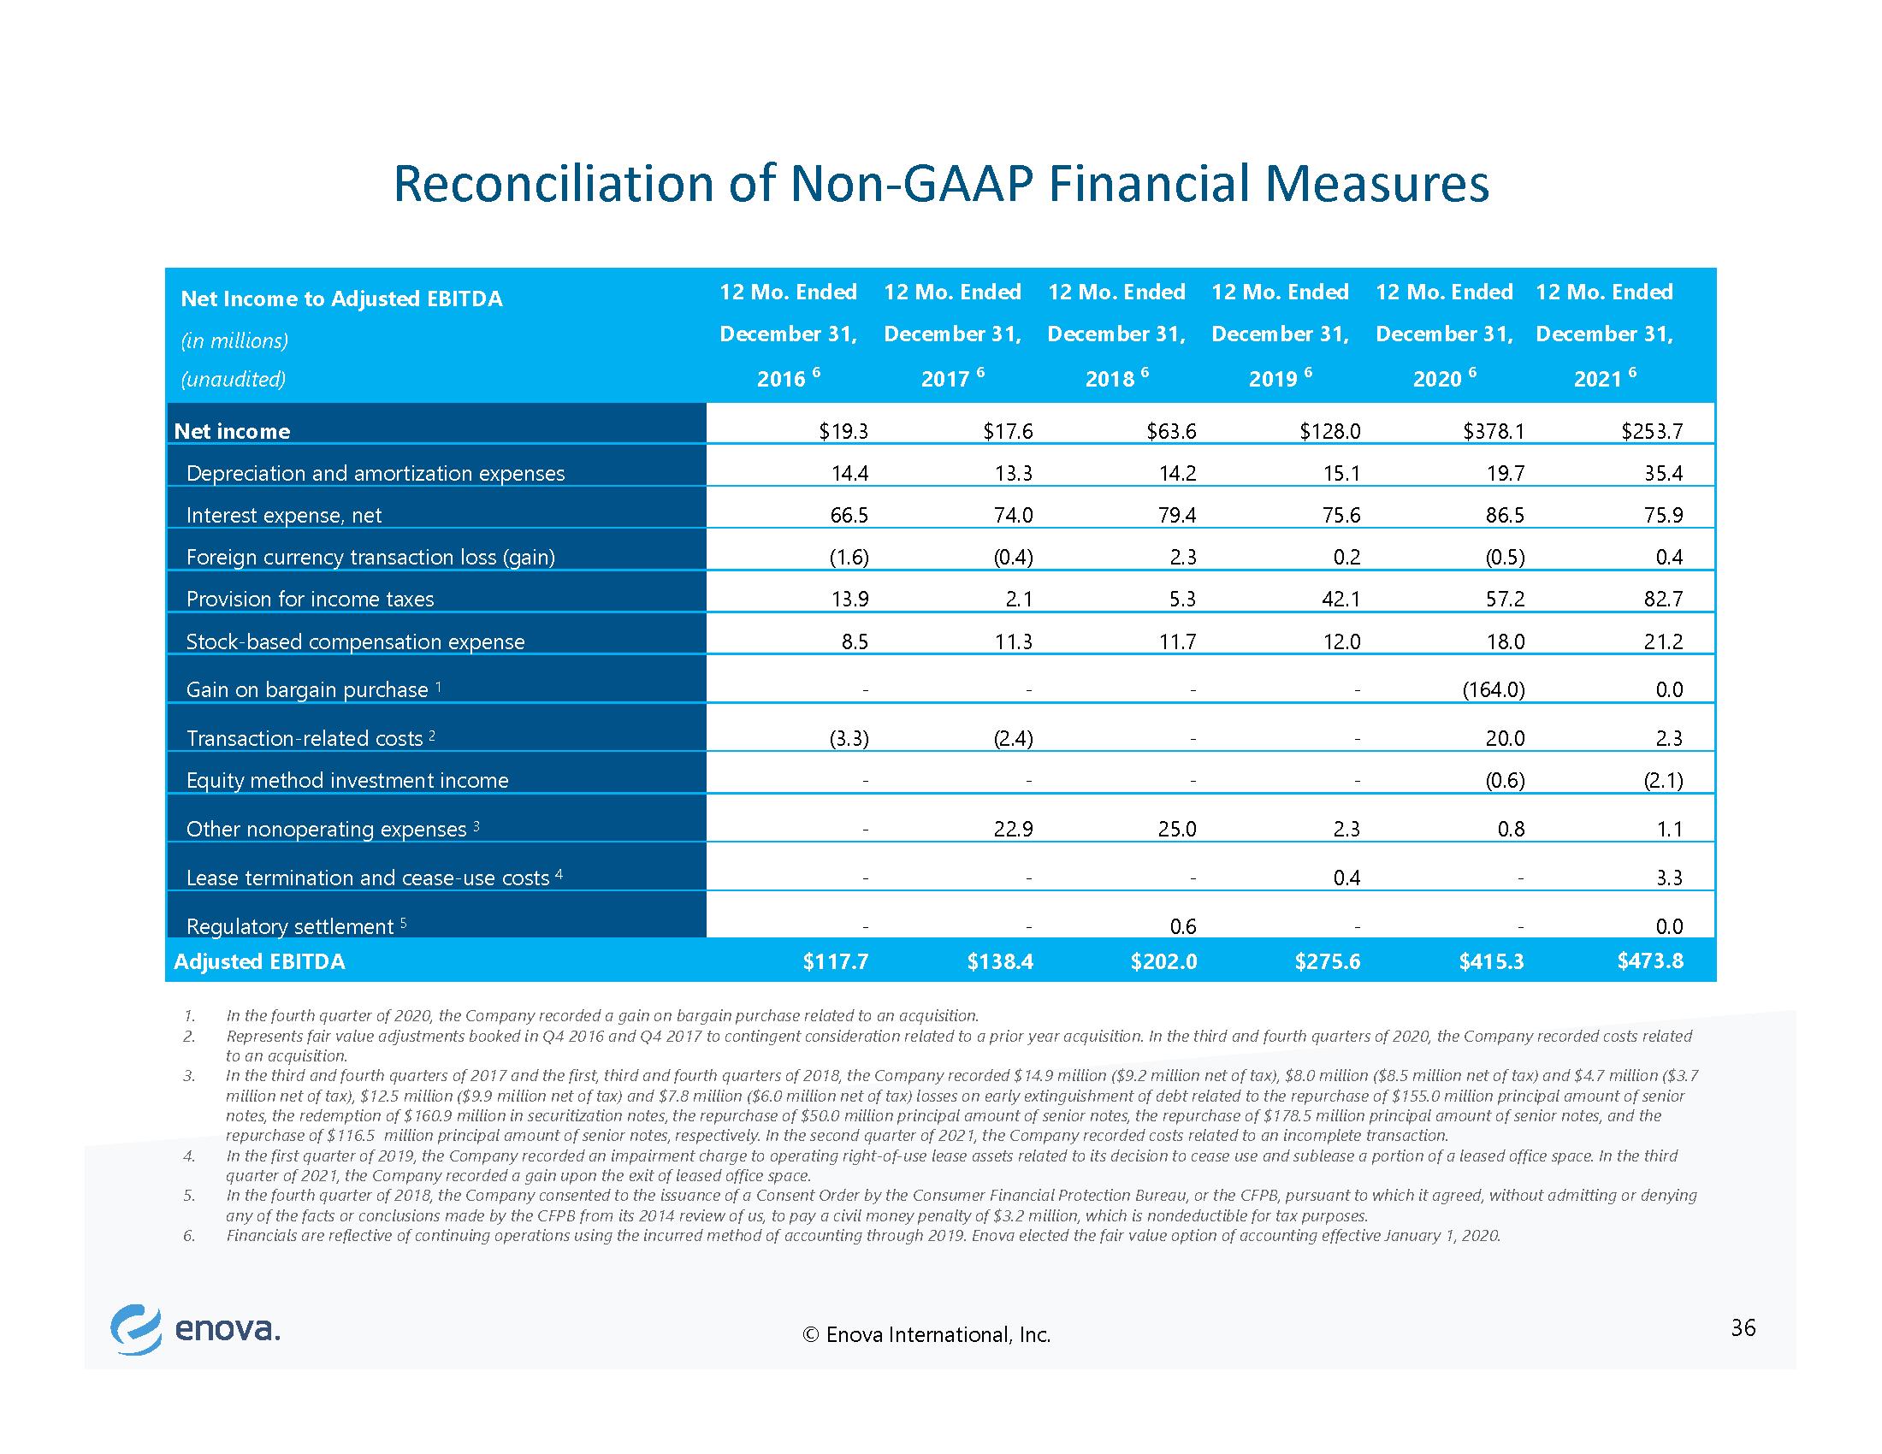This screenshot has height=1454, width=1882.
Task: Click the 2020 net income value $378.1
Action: click(x=1494, y=432)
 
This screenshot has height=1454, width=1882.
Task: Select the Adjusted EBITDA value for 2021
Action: click(x=1650, y=960)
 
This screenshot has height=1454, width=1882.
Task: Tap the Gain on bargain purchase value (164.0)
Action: click(x=1494, y=689)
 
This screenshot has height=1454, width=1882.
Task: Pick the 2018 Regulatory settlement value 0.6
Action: click(x=1183, y=926)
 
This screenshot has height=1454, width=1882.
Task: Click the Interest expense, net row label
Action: click(x=283, y=515)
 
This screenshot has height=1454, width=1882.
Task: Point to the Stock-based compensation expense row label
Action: click(x=355, y=641)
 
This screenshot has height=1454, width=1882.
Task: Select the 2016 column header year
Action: click(x=781, y=379)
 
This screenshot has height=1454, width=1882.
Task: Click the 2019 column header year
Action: click(x=1273, y=379)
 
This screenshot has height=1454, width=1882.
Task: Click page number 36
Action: click(x=1743, y=1328)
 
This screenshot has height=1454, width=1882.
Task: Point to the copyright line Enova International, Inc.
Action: click(x=926, y=1335)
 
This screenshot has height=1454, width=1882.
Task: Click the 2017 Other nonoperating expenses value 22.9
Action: click(x=1014, y=829)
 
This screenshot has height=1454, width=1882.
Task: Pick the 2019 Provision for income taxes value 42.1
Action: click(x=1340, y=599)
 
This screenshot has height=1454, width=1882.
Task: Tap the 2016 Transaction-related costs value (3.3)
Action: click(x=849, y=738)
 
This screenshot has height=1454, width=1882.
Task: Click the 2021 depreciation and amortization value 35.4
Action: click(x=1663, y=473)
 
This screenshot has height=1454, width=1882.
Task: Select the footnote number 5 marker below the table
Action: click(x=188, y=1196)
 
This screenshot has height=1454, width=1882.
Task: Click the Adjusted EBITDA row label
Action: click(x=259, y=961)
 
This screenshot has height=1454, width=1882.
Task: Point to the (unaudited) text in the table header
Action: click(x=233, y=379)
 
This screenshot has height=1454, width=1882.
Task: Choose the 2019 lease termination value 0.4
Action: click(x=1346, y=878)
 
